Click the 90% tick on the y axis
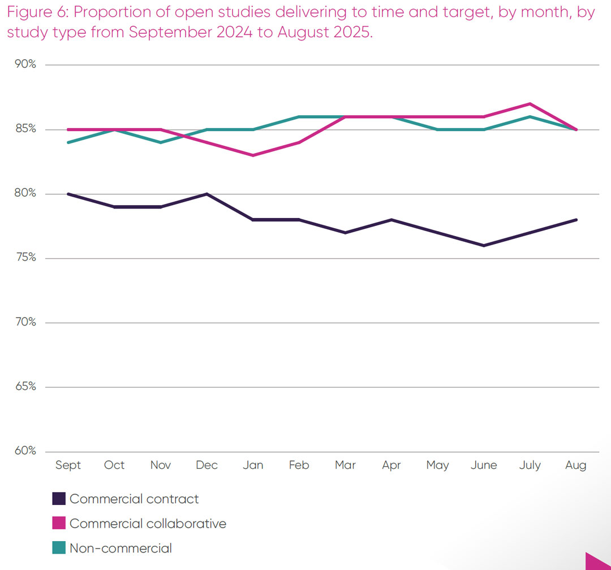[x=25, y=64]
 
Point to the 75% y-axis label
[x=25, y=258]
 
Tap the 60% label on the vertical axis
[x=25, y=451]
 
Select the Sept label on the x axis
[x=68, y=465]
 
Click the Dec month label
[x=206, y=465]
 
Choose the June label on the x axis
[x=484, y=465]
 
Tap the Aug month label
[x=576, y=465]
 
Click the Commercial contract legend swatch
[x=59, y=499]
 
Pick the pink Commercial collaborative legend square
[x=59, y=524]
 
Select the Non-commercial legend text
[x=121, y=548]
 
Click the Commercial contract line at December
[x=206, y=194]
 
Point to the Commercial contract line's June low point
[x=484, y=246]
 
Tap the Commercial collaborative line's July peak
[x=530, y=103]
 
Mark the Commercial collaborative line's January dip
[x=253, y=155]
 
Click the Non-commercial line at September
[x=68, y=142]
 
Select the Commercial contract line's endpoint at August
[x=576, y=220]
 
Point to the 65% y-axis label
[x=25, y=387]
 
